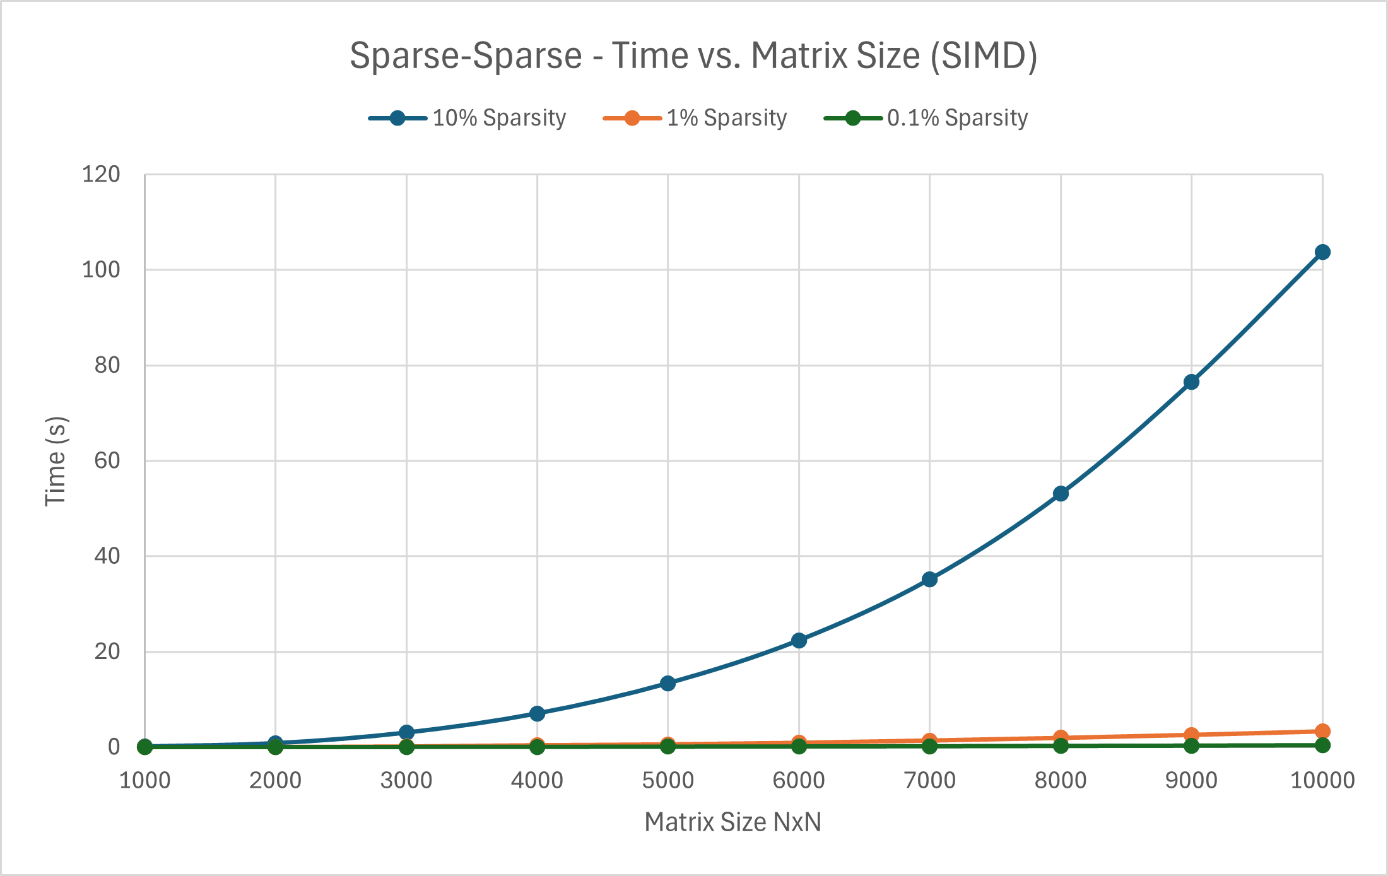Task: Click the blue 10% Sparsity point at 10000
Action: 1322,252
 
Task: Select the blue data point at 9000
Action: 1191,382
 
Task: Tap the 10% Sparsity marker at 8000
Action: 1061,494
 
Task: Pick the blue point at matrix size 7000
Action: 929,580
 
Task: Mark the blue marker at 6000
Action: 799,641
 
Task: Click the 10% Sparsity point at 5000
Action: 668,684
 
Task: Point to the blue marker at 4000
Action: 537,714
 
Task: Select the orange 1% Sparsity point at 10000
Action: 1322,732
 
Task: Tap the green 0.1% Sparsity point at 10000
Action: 1322,745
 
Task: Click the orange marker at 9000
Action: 1191,735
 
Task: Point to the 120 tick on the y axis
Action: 101,175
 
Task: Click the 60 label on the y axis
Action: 107,461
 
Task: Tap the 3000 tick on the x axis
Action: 406,781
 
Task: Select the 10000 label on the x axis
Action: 1322,781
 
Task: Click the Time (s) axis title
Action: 56,461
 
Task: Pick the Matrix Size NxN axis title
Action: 732,822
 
